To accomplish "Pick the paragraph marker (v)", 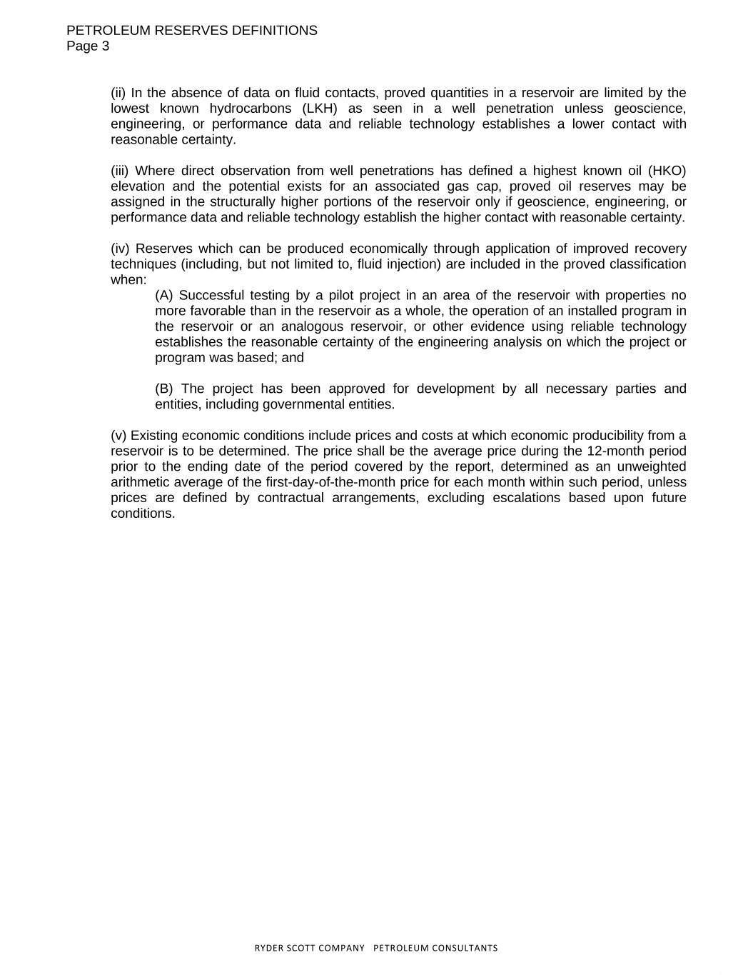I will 118,436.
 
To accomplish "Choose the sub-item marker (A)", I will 164,296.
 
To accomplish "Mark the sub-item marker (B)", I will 164,389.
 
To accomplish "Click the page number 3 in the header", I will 106,46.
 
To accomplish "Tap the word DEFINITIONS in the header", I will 275,31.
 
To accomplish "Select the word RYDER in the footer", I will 269,949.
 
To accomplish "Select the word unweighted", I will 651,467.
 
